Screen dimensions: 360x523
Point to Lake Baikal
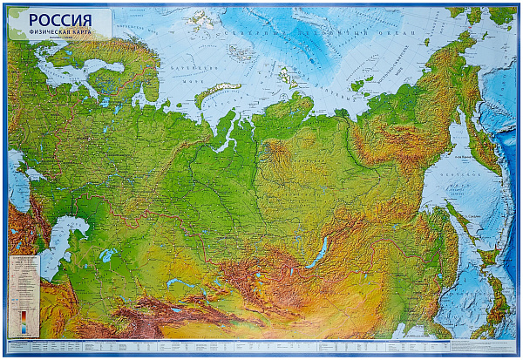point(319,252)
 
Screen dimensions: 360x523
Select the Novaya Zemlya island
point(217,92)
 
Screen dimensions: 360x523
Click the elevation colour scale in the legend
point(24,318)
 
